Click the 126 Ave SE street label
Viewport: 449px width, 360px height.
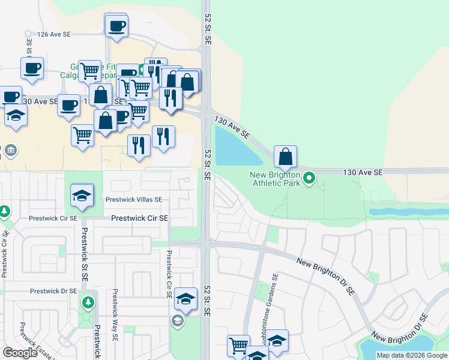point(54,35)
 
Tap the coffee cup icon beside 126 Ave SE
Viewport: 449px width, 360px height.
point(116,26)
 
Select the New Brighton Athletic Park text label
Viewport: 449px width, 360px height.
point(274,179)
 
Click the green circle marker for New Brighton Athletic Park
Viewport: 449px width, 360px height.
point(309,178)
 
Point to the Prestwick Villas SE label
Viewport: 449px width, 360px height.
point(133,200)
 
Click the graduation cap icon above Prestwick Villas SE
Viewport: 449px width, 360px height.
point(82,196)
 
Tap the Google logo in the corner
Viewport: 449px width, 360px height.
point(20,353)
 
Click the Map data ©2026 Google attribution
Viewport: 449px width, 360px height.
point(412,355)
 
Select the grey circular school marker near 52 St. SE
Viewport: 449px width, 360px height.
point(177,322)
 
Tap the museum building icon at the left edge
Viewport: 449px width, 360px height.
point(10,150)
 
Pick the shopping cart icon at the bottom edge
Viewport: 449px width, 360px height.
point(238,346)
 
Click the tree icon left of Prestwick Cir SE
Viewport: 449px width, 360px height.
point(4,211)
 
